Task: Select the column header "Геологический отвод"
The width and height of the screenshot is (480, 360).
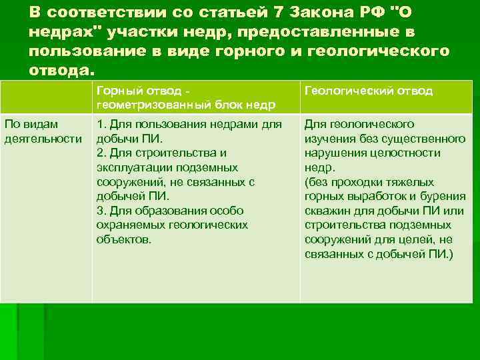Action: pyautogui.click(x=369, y=91)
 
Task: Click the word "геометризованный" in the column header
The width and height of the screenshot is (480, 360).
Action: pyautogui.click(x=154, y=104)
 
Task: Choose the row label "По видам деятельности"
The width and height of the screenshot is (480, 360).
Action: pyautogui.click(x=41, y=131)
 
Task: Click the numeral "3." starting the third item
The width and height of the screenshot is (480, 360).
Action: pyautogui.click(x=101, y=211)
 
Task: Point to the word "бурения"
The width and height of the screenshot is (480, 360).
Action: pyautogui.click(x=441, y=196)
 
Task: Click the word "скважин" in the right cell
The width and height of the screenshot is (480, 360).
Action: pyautogui.click(x=327, y=211)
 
